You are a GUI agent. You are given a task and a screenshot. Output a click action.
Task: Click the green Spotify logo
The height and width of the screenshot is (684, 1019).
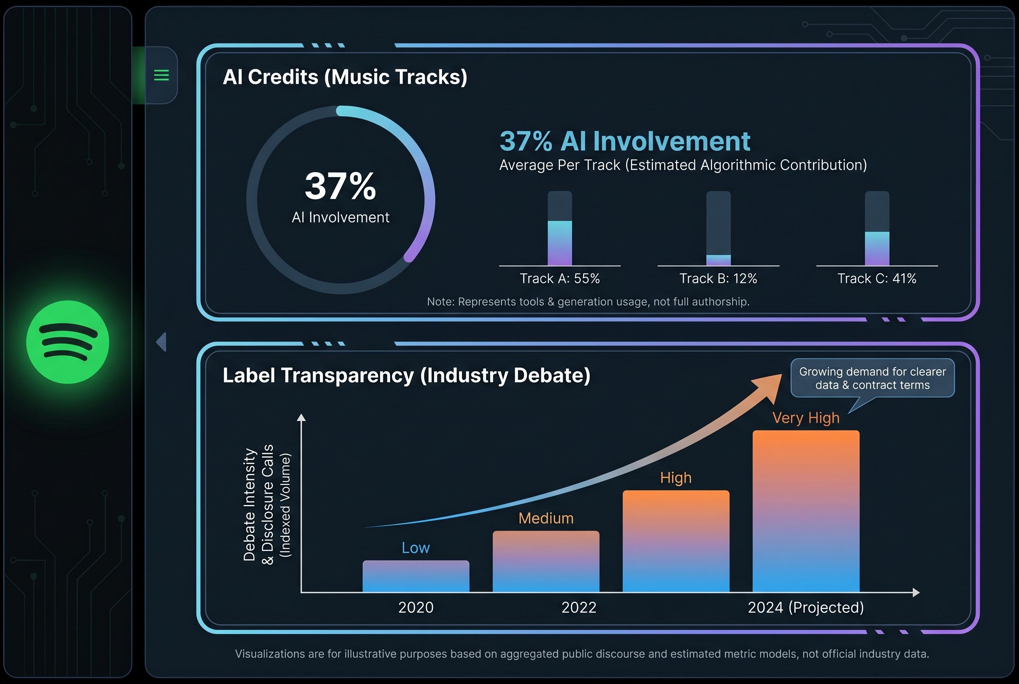pyautogui.click(x=68, y=342)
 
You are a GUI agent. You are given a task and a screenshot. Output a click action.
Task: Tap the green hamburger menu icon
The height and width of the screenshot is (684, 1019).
pyautogui.click(x=161, y=75)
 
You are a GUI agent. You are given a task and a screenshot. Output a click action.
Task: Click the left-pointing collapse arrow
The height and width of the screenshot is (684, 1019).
pyautogui.click(x=161, y=342)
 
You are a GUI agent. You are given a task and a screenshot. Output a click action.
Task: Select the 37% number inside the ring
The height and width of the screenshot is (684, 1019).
pyautogui.click(x=340, y=186)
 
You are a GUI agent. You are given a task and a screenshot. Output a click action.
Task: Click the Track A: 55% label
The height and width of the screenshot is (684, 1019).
pyautogui.click(x=559, y=278)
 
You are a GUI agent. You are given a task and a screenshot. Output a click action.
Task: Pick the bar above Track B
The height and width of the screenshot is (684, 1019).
pyautogui.click(x=718, y=228)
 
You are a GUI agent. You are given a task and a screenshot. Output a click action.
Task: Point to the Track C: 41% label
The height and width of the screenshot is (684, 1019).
pyautogui.click(x=876, y=278)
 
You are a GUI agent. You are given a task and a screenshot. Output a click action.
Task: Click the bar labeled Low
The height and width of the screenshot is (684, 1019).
pyautogui.click(x=416, y=576)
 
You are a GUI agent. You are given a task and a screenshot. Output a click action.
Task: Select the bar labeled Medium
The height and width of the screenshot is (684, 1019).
pyautogui.click(x=545, y=561)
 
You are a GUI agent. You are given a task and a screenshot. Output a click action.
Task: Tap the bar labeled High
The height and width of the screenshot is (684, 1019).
pyautogui.click(x=676, y=541)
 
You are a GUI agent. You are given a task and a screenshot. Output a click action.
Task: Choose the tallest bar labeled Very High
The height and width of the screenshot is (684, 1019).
pyautogui.click(x=806, y=511)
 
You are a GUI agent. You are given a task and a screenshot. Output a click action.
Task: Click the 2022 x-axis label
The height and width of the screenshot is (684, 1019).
pyautogui.click(x=578, y=607)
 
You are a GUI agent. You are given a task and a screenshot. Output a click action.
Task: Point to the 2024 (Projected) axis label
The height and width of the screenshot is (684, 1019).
pyautogui.click(x=806, y=607)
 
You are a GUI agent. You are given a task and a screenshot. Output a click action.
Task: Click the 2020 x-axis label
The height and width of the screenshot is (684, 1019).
pyautogui.click(x=416, y=607)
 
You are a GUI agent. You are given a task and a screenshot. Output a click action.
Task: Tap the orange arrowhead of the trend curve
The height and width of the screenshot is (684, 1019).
pyautogui.click(x=769, y=386)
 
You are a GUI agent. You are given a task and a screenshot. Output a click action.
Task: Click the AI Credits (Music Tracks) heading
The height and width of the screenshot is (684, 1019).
pyautogui.click(x=345, y=77)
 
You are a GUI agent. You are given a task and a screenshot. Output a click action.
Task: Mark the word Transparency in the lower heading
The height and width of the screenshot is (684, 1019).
pyautogui.click(x=347, y=375)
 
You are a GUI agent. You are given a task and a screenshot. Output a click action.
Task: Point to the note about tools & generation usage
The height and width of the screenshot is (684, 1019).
pyautogui.click(x=588, y=301)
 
